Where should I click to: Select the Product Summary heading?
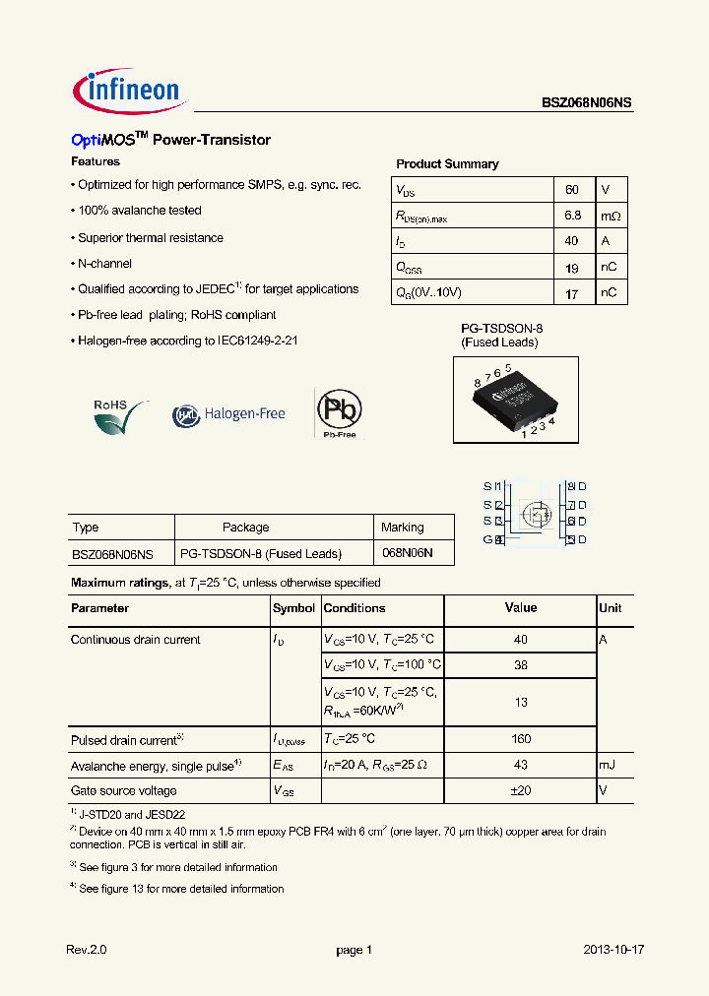click(x=447, y=164)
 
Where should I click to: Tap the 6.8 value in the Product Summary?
click(x=572, y=215)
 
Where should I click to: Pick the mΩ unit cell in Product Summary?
click(x=611, y=215)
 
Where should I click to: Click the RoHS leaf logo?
click(x=119, y=414)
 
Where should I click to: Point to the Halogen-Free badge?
click(x=229, y=414)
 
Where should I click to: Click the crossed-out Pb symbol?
click(x=339, y=411)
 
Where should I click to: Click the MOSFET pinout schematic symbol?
click(x=535, y=513)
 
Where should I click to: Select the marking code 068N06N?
click(x=407, y=554)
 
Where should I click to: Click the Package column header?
click(x=245, y=528)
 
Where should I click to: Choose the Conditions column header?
click(x=354, y=608)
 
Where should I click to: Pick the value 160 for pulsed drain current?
click(x=521, y=739)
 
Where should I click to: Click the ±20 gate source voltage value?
click(x=521, y=790)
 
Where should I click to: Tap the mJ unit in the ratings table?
click(x=608, y=765)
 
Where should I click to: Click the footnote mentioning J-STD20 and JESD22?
click(x=131, y=815)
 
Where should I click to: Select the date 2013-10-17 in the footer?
click(x=613, y=950)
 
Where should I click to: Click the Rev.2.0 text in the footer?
click(x=86, y=950)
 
